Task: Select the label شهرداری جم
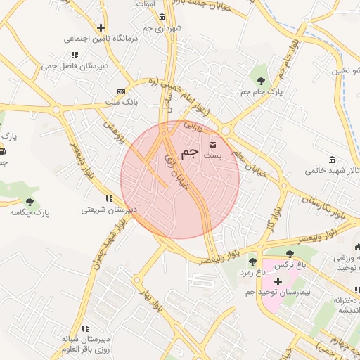point(162,28)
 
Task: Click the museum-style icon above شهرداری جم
point(162,17)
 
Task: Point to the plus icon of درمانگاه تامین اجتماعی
point(101,27)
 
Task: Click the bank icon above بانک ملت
point(121,91)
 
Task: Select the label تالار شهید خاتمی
point(332,170)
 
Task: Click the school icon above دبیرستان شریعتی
point(108,198)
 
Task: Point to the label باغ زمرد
point(251,272)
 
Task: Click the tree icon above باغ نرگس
point(290,254)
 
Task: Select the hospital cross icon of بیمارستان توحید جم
point(278,281)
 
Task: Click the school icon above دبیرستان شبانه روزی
point(85,328)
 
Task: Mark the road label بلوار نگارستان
point(311,203)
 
